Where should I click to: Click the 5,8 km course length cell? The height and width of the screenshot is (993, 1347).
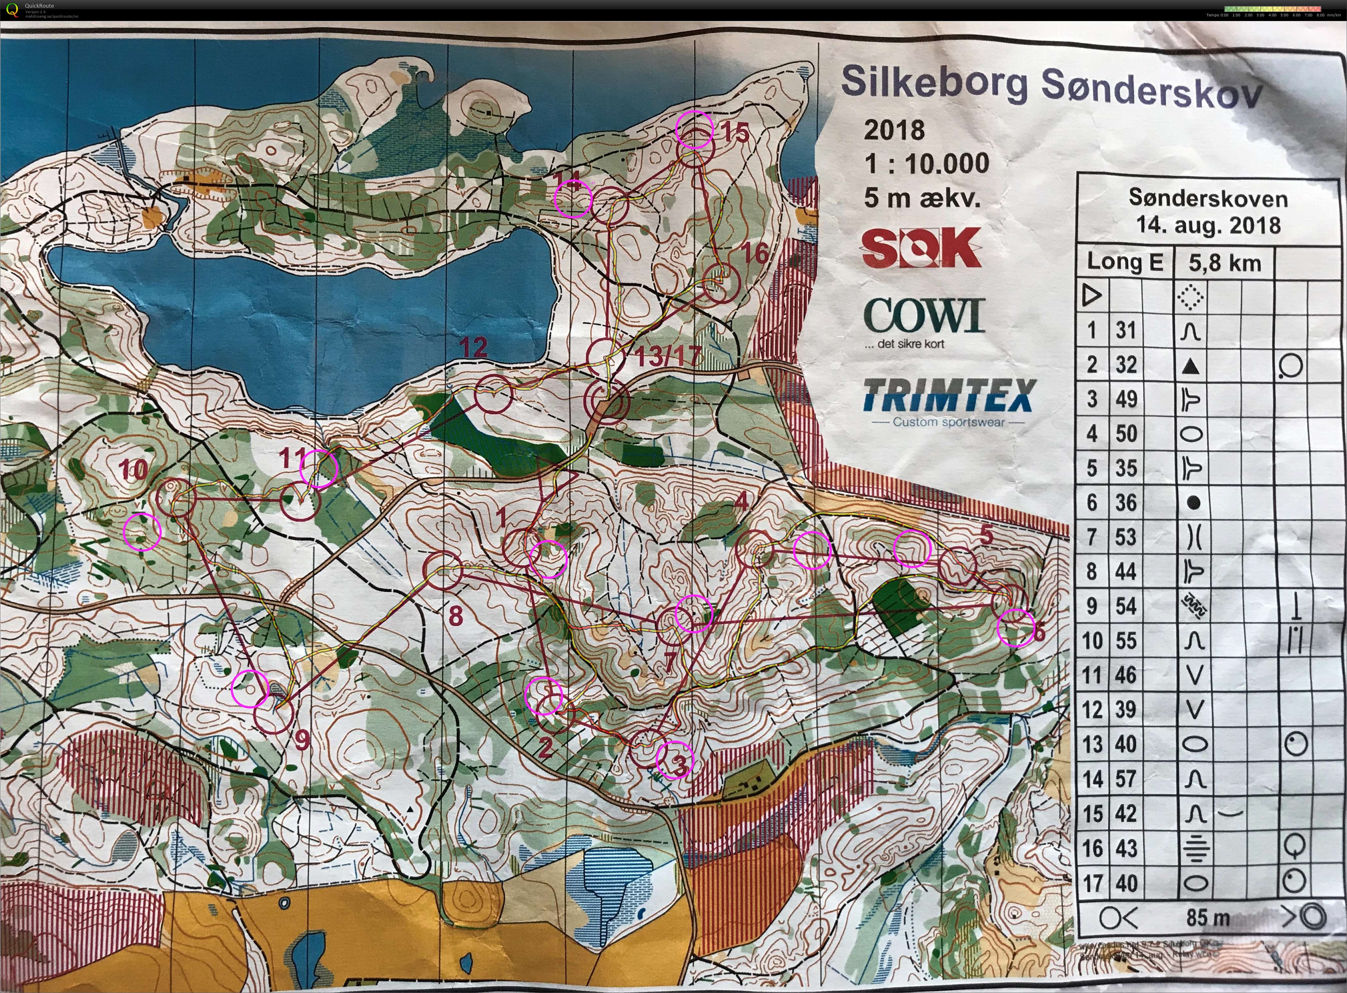coord(1224,263)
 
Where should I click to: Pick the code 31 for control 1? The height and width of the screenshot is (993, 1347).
coord(1126,330)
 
